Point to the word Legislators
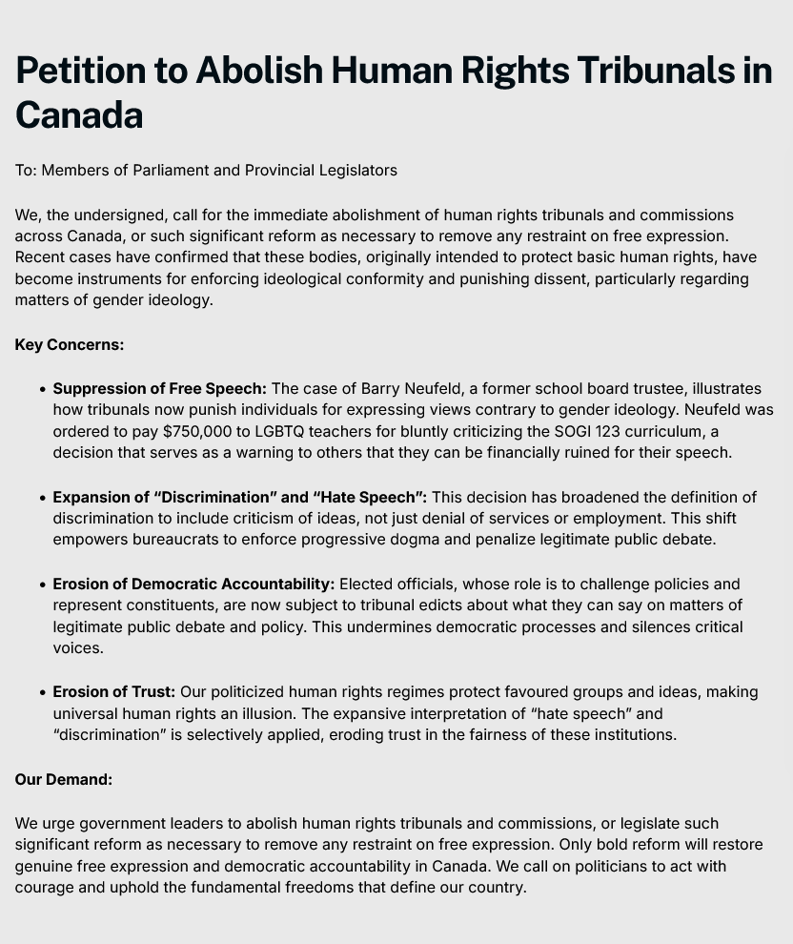tap(356, 170)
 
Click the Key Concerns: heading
tap(70, 344)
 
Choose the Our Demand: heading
tap(64, 779)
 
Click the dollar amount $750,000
tap(203, 431)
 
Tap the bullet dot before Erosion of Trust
tap(44, 693)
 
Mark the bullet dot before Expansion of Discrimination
tap(44, 499)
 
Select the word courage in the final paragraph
tap(46, 887)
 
